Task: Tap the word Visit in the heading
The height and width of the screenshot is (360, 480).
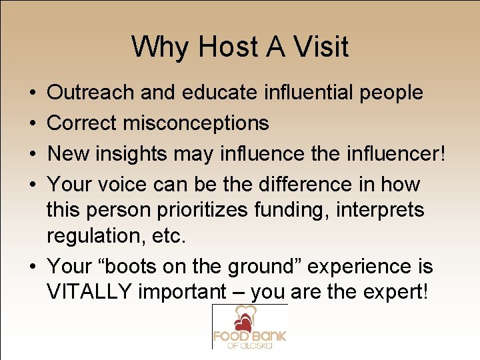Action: coord(319,47)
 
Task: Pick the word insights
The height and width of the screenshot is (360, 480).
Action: coord(129,153)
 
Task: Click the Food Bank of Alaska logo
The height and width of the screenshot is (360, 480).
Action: coord(249,326)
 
